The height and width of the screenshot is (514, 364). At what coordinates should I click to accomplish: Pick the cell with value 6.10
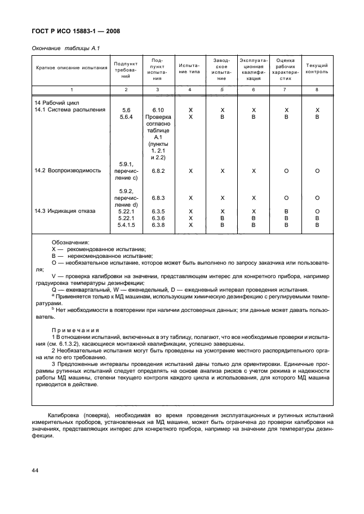(157, 110)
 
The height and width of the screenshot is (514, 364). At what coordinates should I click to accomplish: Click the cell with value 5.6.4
(126, 117)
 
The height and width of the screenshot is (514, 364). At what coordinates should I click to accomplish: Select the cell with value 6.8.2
(157, 170)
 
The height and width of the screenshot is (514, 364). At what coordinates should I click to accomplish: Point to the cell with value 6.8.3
(157, 198)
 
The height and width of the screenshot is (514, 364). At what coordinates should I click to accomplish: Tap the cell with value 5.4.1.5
(126, 225)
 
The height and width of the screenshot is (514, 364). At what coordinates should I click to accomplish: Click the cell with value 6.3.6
(157, 218)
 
